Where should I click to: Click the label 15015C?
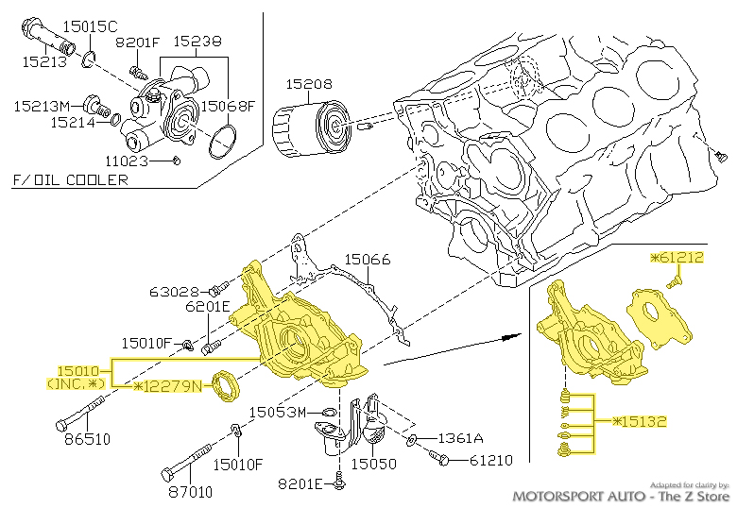[x=91, y=25]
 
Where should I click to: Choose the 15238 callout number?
[x=197, y=42]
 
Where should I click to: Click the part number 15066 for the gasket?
[x=366, y=259]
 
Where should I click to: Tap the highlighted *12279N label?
[x=168, y=386]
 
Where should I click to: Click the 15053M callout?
[x=278, y=413]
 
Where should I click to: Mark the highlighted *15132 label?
[x=639, y=420]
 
